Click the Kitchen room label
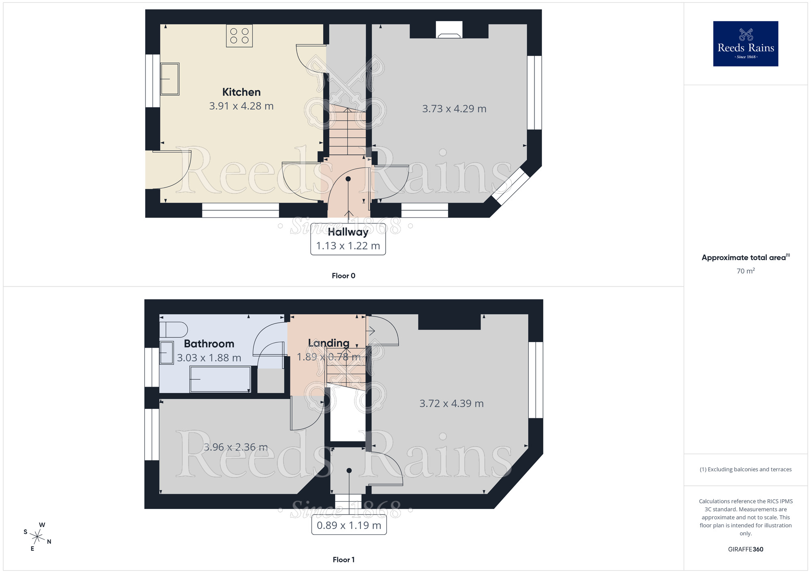(241, 92)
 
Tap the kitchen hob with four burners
(239, 36)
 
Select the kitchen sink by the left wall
(170, 79)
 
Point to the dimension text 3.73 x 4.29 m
(454, 109)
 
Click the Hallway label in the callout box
(348, 232)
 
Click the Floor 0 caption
(343, 276)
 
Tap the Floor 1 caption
(343, 560)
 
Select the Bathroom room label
(209, 344)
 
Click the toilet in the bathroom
(174, 329)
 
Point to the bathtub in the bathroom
(220, 379)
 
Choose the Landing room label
(328, 343)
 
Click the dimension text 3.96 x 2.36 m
(235, 447)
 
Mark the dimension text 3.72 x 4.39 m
(451, 404)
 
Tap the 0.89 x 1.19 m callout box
(349, 525)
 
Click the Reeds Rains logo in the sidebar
(745, 44)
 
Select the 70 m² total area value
(745, 271)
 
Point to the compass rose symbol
(37, 537)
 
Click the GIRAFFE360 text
(745, 549)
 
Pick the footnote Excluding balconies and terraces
(745, 469)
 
